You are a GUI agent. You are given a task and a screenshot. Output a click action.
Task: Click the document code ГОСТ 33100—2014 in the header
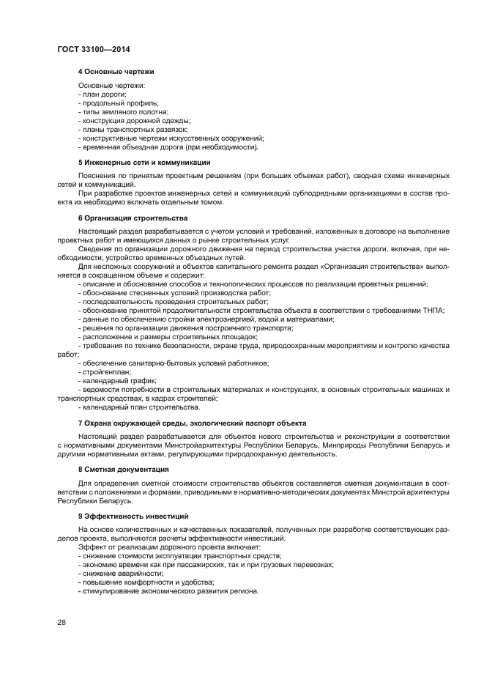click(93, 49)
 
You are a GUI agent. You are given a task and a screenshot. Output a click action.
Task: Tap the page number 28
click(62, 622)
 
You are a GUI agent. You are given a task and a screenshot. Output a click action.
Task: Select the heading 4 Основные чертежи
click(116, 71)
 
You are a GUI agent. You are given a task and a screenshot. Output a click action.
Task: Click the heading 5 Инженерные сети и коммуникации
click(144, 162)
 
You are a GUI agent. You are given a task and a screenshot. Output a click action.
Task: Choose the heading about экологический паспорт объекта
click(192, 423)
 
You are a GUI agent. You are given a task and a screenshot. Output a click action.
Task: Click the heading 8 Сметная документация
click(124, 469)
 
